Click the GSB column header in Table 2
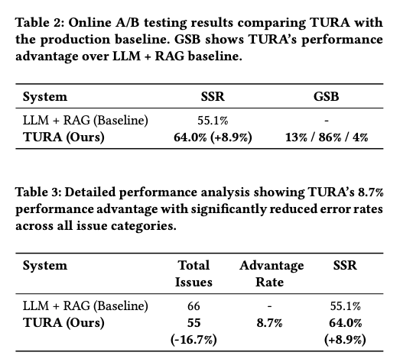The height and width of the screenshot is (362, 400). [x=326, y=96]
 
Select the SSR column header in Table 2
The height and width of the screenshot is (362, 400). [x=213, y=96]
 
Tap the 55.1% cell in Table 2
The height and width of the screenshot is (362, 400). [x=213, y=120]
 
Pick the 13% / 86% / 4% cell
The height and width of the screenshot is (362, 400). [x=327, y=137]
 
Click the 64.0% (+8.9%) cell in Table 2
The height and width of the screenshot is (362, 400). [x=213, y=137]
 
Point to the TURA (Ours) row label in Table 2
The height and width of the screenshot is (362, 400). [x=63, y=137]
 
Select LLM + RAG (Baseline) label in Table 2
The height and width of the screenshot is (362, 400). [x=86, y=120]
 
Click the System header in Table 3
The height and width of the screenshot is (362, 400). [x=45, y=266]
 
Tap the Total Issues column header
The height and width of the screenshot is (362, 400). [x=193, y=273]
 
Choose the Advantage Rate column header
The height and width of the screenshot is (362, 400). [x=272, y=273]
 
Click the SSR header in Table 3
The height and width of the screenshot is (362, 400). [x=345, y=266]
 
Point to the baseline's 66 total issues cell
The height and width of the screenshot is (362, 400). [x=193, y=305]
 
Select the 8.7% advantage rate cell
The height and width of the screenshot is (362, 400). [x=269, y=323]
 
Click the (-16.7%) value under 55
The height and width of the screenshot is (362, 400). [x=193, y=340]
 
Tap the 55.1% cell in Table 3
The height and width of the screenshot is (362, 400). [x=346, y=305]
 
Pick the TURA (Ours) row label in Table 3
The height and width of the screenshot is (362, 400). [x=63, y=323]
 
